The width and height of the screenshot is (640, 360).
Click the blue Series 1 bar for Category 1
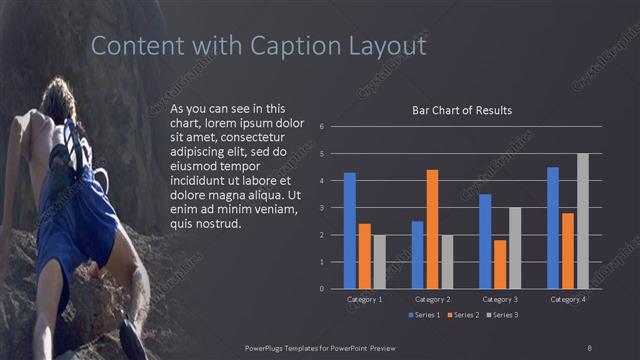point(350,231)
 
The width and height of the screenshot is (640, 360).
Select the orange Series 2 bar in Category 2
point(432,229)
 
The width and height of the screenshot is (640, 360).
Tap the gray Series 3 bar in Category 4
point(583,221)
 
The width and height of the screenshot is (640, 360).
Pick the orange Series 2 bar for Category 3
point(500,264)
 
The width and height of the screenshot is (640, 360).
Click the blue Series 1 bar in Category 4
point(553,228)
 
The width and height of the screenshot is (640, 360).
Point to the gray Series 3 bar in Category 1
point(380,262)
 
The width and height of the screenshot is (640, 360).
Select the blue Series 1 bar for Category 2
point(417,255)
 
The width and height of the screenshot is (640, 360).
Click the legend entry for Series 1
point(424,315)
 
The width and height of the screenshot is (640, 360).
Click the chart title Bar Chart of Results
point(462,110)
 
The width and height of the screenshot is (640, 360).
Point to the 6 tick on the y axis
point(322,127)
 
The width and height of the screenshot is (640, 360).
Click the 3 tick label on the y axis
point(322,208)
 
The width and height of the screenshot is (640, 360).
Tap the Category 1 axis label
point(365,299)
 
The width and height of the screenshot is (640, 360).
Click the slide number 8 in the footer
point(589,346)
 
